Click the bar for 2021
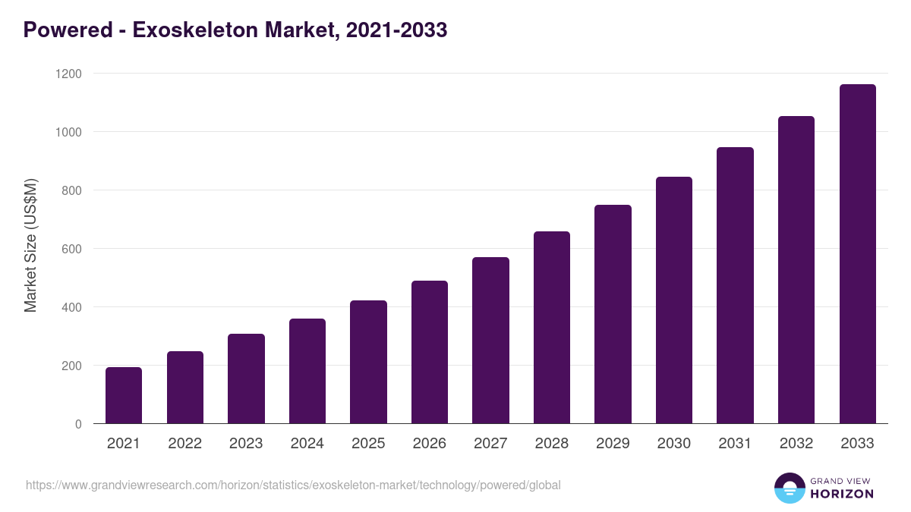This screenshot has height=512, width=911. pos(124,395)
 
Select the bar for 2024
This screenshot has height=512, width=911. pos(307,371)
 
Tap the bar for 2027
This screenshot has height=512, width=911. pos(490,341)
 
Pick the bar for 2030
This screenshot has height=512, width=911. pos(674,300)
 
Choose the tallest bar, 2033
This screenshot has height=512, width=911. pos(857,254)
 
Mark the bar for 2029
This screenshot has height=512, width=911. pos(613,314)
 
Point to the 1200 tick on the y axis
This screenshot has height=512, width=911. pos(68,74)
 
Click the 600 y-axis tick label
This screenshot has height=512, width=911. pos(71,249)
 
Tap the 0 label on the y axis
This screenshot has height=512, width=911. pos(78,424)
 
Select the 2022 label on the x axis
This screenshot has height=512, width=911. pos(184,444)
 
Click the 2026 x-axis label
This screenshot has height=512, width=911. pos(430,444)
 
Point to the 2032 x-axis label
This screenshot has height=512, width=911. pos(796,444)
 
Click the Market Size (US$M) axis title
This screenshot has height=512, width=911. pos(30,246)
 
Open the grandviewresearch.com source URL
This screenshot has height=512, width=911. pos(293,485)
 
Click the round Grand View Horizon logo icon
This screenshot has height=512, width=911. pos(789,488)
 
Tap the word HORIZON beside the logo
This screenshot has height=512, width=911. pos(841,494)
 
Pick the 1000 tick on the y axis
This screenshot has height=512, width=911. pos(68,132)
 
